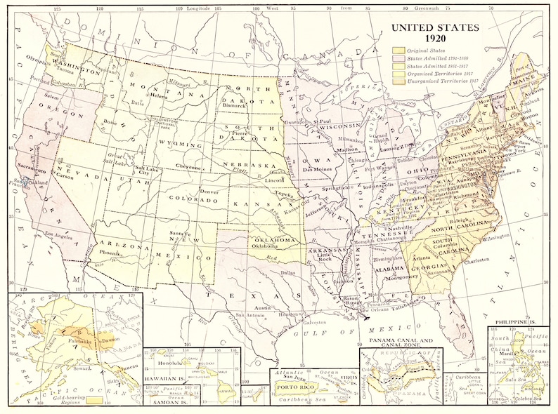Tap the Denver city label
[209, 191]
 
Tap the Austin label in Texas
[262, 308]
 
